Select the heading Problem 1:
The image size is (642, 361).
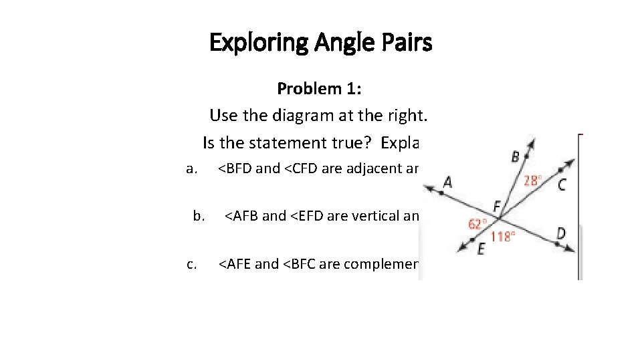click(x=319, y=88)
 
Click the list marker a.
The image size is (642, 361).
click(x=192, y=168)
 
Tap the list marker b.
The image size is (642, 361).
click(x=199, y=216)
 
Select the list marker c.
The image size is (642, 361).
click(x=192, y=264)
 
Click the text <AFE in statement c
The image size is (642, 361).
click(x=235, y=264)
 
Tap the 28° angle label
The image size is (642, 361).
click(x=532, y=180)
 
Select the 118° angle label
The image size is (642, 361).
click(x=503, y=237)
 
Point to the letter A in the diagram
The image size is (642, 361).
click(x=447, y=182)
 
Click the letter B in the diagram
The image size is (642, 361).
click(x=516, y=157)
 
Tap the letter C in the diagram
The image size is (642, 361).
click(x=562, y=185)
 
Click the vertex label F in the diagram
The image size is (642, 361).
click(x=497, y=205)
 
